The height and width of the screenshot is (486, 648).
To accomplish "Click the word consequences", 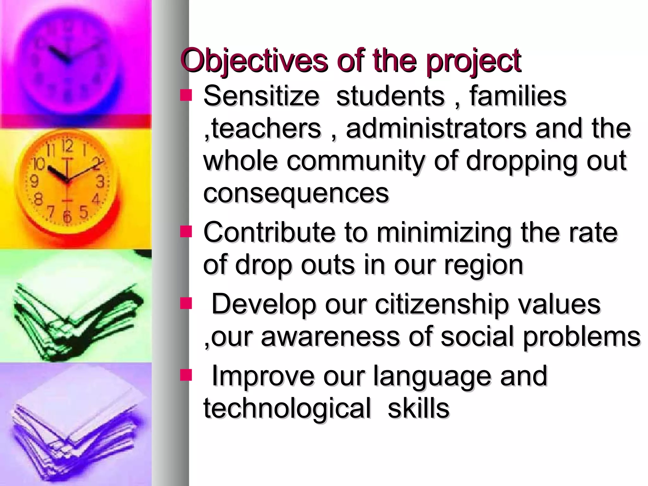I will tap(296, 194).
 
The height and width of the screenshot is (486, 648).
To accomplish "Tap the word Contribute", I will tap(269, 232).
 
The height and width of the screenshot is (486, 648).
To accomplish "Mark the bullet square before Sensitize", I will tap(186, 95).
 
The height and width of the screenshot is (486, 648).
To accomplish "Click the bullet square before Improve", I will tap(186, 375).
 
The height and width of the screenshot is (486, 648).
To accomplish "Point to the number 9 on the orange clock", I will tap(34, 181).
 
